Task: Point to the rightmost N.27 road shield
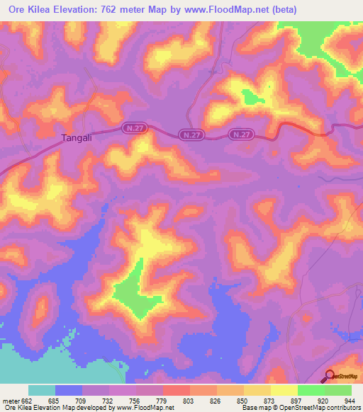242,134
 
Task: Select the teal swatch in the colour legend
42,390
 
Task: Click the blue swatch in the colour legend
69,390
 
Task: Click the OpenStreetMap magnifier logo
331,376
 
